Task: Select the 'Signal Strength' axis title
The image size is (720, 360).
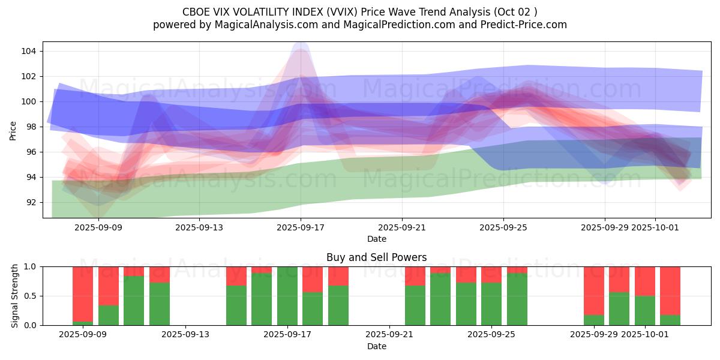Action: (15, 296)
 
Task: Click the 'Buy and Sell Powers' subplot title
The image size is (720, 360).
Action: (376, 257)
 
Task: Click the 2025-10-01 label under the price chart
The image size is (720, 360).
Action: (655, 227)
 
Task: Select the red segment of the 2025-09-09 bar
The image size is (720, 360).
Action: (83, 285)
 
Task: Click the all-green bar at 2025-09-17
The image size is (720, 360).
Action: (287, 296)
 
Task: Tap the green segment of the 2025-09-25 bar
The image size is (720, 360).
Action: (491, 304)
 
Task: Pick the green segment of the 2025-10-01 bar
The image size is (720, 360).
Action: (645, 311)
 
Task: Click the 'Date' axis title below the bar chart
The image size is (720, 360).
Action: (376, 346)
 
